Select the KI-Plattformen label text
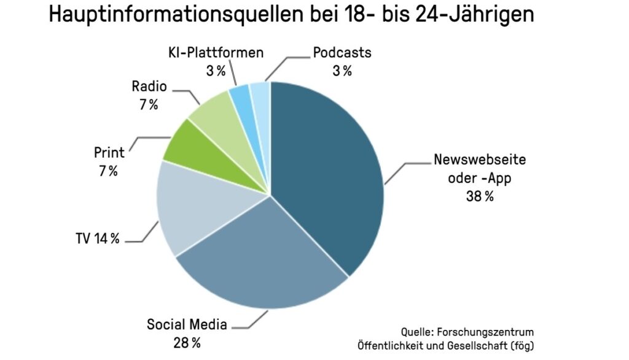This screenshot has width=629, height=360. [x=216, y=52]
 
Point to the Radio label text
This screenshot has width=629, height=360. [x=149, y=86]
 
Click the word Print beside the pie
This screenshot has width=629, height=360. [x=109, y=152]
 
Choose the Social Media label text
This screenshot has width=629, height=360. [x=187, y=324]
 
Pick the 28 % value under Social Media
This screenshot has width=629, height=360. [x=187, y=342]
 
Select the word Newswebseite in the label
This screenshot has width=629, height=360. [x=480, y=160]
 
